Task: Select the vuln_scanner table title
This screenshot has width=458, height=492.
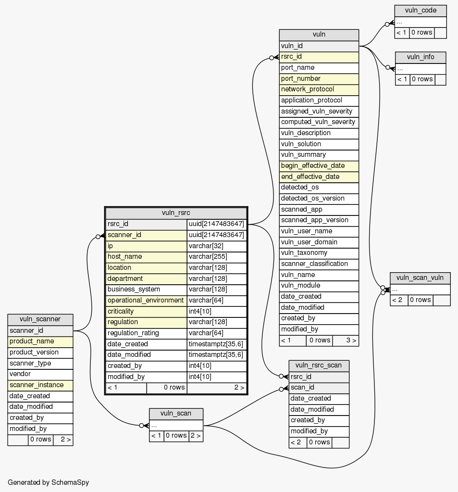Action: pyautogui.click(x=40, y=319)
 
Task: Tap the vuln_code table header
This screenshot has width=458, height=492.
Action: pyautogui.click(x=420, y=11)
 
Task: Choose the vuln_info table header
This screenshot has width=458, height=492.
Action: pyautogui.click(x=420, y=57)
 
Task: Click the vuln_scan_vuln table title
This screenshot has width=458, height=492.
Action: pyautogui.click(x=420, y=278)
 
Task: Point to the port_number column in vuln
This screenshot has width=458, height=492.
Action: pyautogui.click(x=300, y=78)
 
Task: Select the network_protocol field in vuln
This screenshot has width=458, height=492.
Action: pyautogui.click(x=307, y=89)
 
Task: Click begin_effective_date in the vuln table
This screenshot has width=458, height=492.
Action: pyautogui.click(x=312, y=165)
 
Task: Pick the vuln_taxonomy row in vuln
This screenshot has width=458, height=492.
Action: pyautogui.click(x=304, y=252)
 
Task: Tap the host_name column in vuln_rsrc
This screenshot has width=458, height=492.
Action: pyautogui.click(x=124, y=257)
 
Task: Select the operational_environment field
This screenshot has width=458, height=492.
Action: pyautogui.click(x=146, y=300)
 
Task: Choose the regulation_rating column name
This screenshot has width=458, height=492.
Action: pyautogui.click(x=133, y=333)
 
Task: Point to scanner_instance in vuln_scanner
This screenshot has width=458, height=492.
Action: pyautogui.click(x=37, y=385)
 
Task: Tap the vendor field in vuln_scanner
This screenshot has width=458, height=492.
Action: pyautogui.click(x=20, y=374)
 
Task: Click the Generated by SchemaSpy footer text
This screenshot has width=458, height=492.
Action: pyautogui.click(x=48, y=482)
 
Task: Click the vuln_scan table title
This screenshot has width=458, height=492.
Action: pyautogui.click(x=176, y=413)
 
